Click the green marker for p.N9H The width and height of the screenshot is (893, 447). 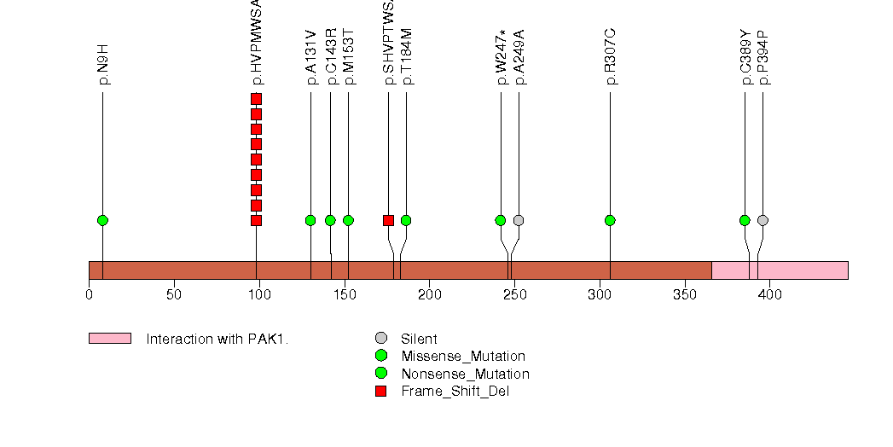102,220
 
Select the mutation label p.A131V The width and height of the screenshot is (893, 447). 311,57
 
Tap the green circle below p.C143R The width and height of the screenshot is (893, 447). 330,220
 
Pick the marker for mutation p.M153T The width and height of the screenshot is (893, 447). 348,220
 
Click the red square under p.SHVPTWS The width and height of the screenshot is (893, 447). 388,220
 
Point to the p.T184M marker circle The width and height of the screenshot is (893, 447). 406,220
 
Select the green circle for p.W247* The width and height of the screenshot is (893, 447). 501,220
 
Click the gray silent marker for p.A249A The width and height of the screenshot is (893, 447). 519,220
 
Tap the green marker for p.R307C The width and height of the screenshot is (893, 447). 610,220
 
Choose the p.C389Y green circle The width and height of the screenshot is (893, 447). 745,220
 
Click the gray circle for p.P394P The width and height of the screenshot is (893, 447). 763,220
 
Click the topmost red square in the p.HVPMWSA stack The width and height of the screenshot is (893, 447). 256,99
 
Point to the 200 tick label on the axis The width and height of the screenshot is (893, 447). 429,295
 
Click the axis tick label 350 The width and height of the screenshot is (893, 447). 685,295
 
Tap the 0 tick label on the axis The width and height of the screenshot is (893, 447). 89,295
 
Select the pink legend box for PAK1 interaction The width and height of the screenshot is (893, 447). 109,339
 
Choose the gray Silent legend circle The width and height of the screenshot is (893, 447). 381,339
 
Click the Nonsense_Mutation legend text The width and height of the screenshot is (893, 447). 465,374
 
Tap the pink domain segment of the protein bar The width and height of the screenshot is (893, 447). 780,270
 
